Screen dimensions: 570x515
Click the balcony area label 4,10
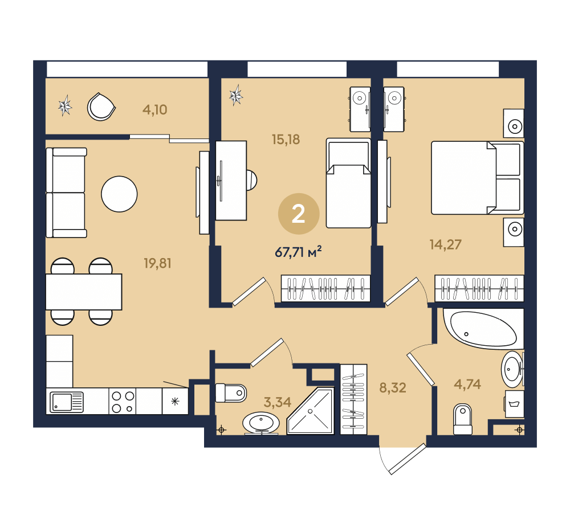click(155, 109)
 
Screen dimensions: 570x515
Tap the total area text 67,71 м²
click(298, 251)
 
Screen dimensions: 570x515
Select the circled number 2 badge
click(299, 214)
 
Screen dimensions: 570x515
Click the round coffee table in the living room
click(119, 194)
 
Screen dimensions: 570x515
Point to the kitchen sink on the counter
click(67, 402)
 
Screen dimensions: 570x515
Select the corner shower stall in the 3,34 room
click(311, 411)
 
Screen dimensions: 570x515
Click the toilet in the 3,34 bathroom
click(231, 393)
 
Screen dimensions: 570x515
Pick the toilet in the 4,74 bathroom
click(463, 419)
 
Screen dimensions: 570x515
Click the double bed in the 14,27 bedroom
click(477, 178)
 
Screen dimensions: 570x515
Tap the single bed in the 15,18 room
click(348, 183)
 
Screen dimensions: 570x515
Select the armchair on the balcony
click(101, 107)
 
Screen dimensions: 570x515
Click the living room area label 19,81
click(157, 263)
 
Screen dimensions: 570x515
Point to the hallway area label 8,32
click(393, 388)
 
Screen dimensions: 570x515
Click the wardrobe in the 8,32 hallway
click(353, 399)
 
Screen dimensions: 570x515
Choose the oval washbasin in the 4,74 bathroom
click(512, 370)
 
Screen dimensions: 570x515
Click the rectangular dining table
click(84, 292)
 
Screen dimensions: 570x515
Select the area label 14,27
click(445, 244)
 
